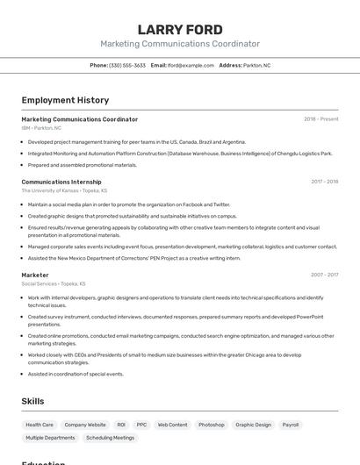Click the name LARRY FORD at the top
tap(180, 29)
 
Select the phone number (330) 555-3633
tap(127, 65)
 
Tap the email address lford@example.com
tap(191, 65)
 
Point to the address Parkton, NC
tap(257, 65)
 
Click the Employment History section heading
tap(65, 100)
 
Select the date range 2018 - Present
tap(321, 119)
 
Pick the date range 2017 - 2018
tap(324, 182)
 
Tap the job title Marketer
tap(35, 275)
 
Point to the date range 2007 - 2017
tap(324, 275)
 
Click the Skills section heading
tap(33, 401)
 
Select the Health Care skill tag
tap(40, 425)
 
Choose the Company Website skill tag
tap(85, 425)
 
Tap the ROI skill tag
tap(121, 425)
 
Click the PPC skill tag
tap(141, 425)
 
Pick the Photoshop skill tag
tap(212, 425)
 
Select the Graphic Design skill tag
tap(253, 425)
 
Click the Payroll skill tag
tap(290, 425)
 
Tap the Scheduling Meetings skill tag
tap(111, 437)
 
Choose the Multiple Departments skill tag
tap(50, 437)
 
